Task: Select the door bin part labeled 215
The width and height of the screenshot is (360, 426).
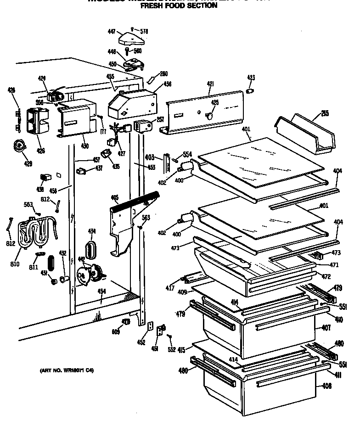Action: tap(306, 135)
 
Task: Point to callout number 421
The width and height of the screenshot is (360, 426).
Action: tap(210, 84)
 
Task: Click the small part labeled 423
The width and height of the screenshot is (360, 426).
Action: tap(251, 91)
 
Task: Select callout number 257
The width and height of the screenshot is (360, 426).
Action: tap(160, 119)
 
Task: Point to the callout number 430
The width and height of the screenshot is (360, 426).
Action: tap(84, 146)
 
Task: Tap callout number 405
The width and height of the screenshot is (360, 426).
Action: tap(114, 198)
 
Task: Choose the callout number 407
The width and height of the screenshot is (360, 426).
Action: tap(326, 328)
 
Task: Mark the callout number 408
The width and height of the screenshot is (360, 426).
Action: tap(326, 386)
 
